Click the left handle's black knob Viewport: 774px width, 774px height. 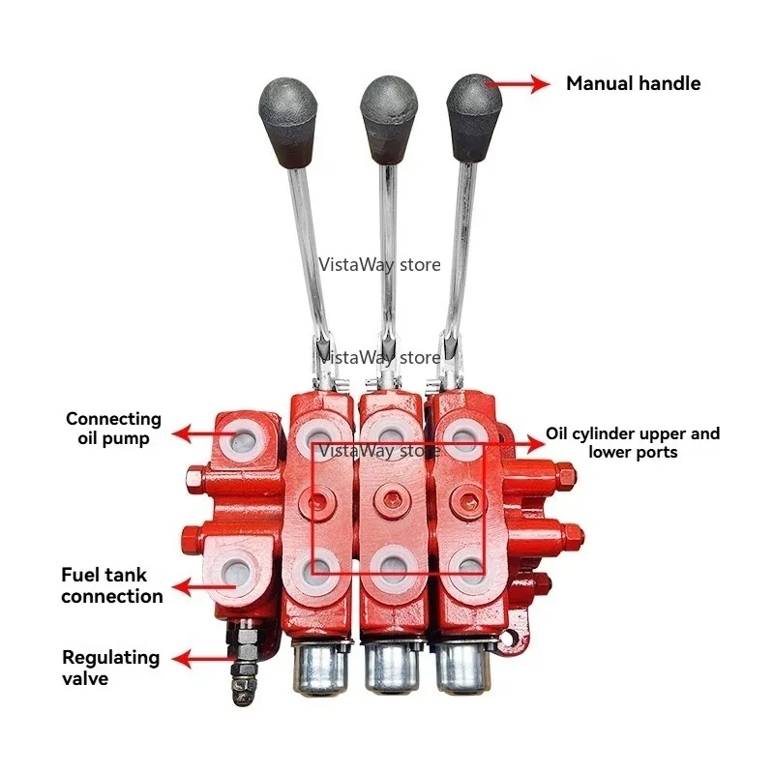pyautogui.click(x=287, y=122)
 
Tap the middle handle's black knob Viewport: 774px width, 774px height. pyautogui.click(x=389, y=119)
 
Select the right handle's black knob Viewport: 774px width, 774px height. pyautogui.click(x=474, y=118)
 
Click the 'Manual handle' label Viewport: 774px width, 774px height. pyautogui.click(x=634, y=83)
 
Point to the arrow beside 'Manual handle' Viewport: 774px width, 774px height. pyautogui.click(x=518, y=84)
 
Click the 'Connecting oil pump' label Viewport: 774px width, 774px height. pyautogui.click(x=113, y=429)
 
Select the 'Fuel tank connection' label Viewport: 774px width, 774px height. pyautogui.click(x=111, y=585)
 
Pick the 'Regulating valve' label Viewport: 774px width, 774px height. pyautogui.click(x=110, y=668)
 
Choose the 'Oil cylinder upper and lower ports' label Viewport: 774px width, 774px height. pyautogui.click(x=633, y=443)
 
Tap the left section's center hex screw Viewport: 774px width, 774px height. pyautogui.click(x=316, y=503)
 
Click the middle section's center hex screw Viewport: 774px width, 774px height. pyautogui.click(x=391, y=499)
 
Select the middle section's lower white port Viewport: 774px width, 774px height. pyautogui.click(x=393, y=570)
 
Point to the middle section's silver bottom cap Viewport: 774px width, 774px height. pyautogui.click(x=390, y=667)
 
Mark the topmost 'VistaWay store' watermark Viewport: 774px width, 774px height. pyautogui.click(x=379, y=265)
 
